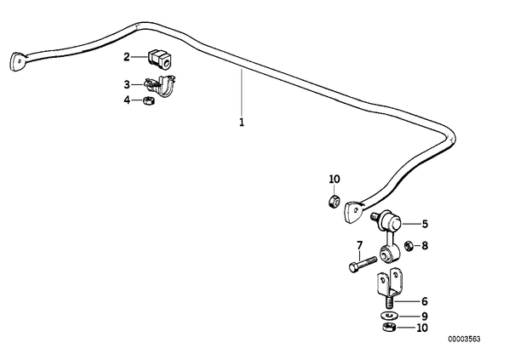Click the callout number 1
(x=241, y=123)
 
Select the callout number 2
(x=127, y=57)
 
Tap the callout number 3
(x=127, y=85)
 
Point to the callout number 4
(x=127, y=100)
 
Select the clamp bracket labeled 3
(x=160, y=85)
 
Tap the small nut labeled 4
(x=149, y=100)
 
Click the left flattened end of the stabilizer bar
(x=17, y=61)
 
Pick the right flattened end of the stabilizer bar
(x=353, y=212)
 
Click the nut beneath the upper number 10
(x=334, y=201)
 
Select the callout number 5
(x=425, y=224)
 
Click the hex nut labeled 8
(x=409, y=246)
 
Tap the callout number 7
(x=359, y=245)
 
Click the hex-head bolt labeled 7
(x=363, y=264)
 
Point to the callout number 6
(x=425, y=301)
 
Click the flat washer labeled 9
(x=387, y=316)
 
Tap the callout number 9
(x=425, y=317)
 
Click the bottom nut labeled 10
(x=388, y=327)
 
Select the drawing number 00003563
(x=464, y=340)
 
